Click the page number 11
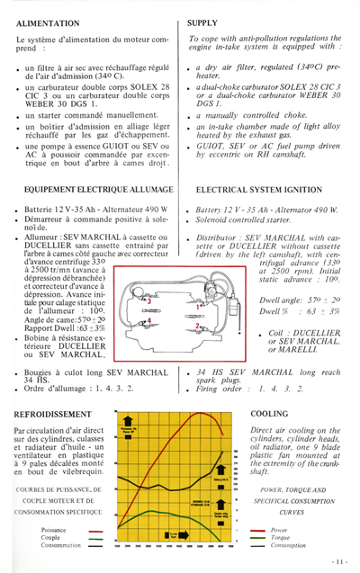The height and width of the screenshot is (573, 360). [x=338, y=562]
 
